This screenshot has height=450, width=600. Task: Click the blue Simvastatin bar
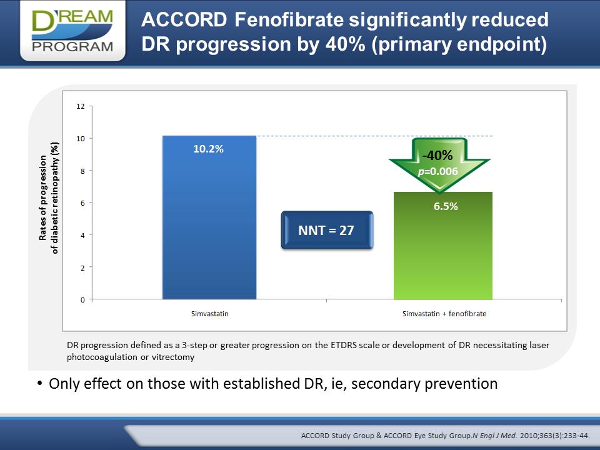[x=209, y=217]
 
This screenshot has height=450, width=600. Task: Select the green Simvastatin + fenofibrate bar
[x=443, y=246]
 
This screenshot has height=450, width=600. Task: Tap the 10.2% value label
[x=208, y=149]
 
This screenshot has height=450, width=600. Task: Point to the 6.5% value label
[x=446, y=206]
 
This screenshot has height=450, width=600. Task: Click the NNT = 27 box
[x=327, y=230]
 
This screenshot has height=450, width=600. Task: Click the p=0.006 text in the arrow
[x=438, y=171]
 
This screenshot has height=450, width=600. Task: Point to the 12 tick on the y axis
[x=81, y=106]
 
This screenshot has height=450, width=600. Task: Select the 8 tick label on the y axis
[x=82, y=171]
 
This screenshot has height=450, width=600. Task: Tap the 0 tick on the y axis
[x=82, y=300]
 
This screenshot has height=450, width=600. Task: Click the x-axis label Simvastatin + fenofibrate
[x=444, y=314]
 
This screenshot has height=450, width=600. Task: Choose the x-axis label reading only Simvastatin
[x=210, y=314]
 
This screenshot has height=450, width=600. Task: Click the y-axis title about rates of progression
[x=49, y=198]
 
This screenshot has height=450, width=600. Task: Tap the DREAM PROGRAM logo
[x=72, y=31]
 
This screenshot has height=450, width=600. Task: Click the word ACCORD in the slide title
[x=184, y=19]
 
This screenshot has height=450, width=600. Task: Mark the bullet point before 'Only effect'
[x=40, y=383]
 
